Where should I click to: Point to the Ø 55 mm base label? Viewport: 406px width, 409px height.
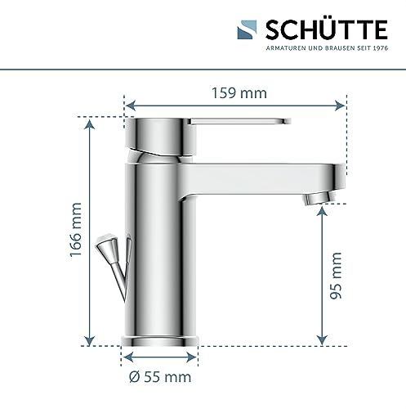(159, 376)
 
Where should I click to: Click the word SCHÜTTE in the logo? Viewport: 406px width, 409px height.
(327, 30)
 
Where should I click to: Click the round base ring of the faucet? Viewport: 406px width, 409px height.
(160, 338)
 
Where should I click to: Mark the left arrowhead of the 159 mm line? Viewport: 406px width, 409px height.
(128, 104)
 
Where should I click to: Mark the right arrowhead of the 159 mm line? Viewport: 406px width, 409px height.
(341, 104)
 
